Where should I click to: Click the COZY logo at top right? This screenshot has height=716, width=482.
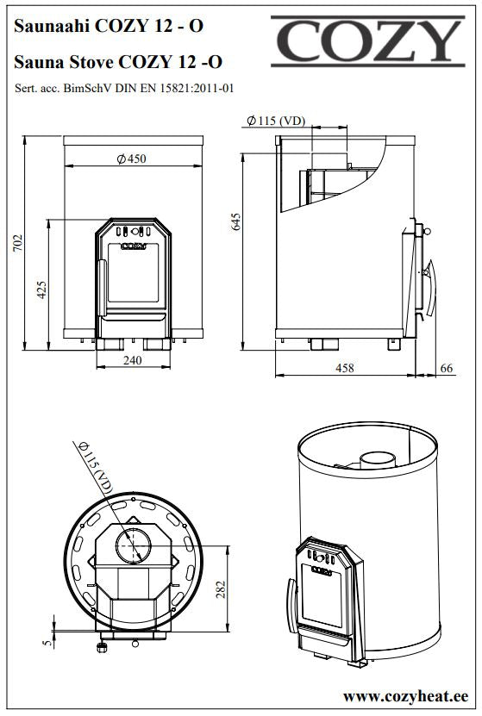coord(367,41)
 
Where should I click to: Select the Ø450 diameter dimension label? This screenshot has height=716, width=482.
coord(132,159)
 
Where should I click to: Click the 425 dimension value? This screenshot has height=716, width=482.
coord(41,290)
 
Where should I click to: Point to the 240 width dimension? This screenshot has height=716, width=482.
coord(133,360)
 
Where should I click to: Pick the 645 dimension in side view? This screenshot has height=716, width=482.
coord(235,221)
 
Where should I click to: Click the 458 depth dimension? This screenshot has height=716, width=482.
coord(345,368)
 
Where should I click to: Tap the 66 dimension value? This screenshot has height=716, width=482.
coord(447,368)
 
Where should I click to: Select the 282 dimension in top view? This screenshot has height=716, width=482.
coord(221,590)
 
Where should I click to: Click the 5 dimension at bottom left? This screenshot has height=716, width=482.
coord(47,643)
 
